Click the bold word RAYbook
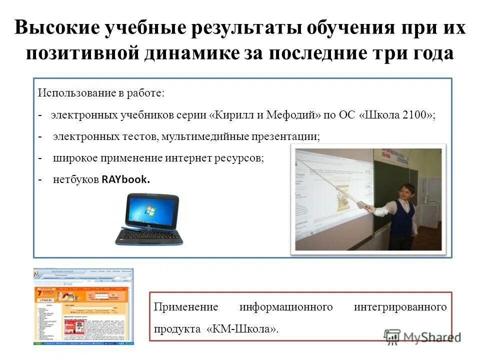pyautogui.click(x=125, y=180)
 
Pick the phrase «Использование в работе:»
pyautogui.click(x=100, y=93)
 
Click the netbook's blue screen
pyautogui.click(x=149, y=209)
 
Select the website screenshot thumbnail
pyautogui.click(x=83, y=306)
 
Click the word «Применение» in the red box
pyautogui.click(x=179, y=307)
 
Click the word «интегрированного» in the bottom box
pyautogui.click(x=400, y=307)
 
